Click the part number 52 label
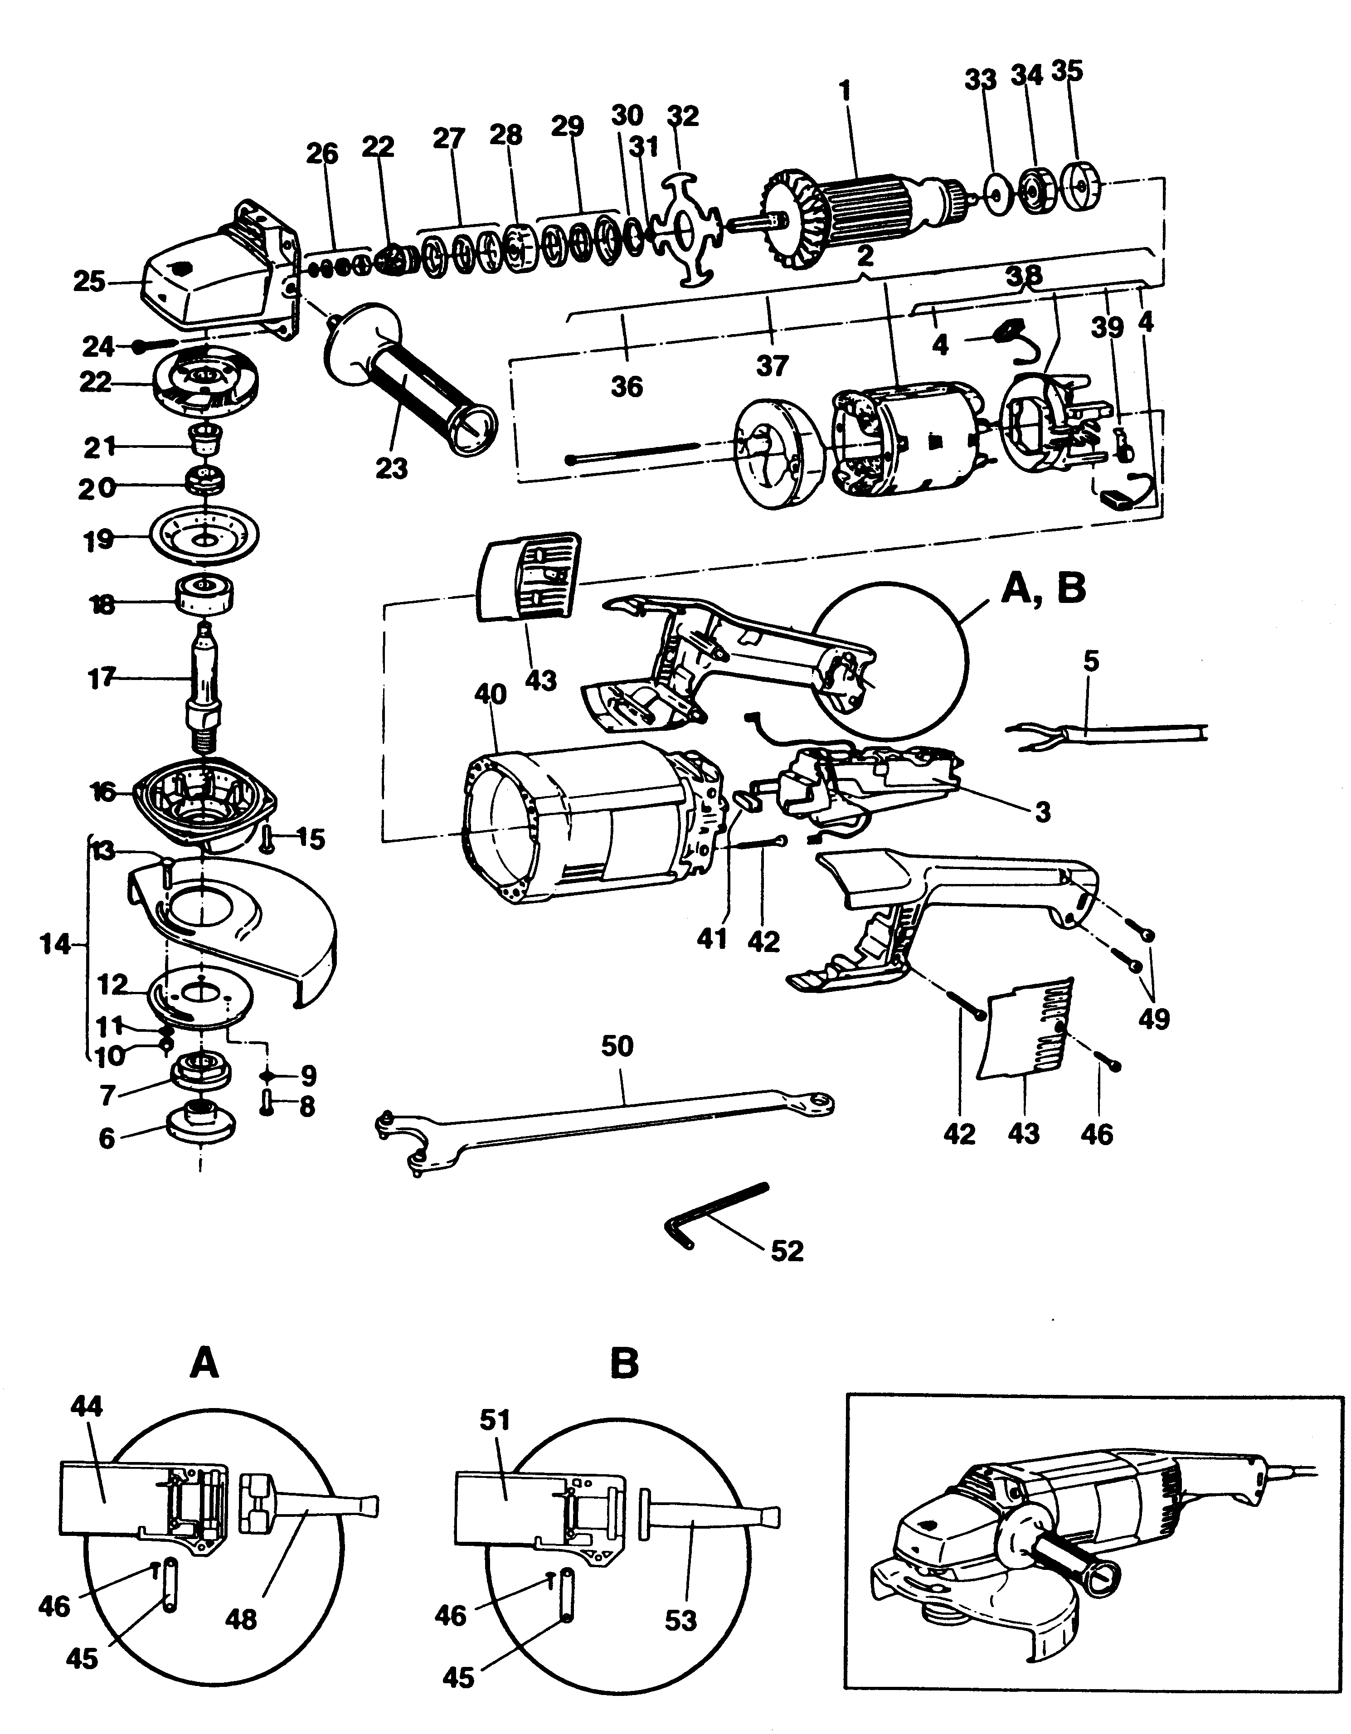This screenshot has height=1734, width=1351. click(787, 1252)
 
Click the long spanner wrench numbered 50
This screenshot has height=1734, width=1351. click(603, 1116)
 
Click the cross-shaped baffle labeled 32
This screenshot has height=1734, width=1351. click(687, 230)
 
